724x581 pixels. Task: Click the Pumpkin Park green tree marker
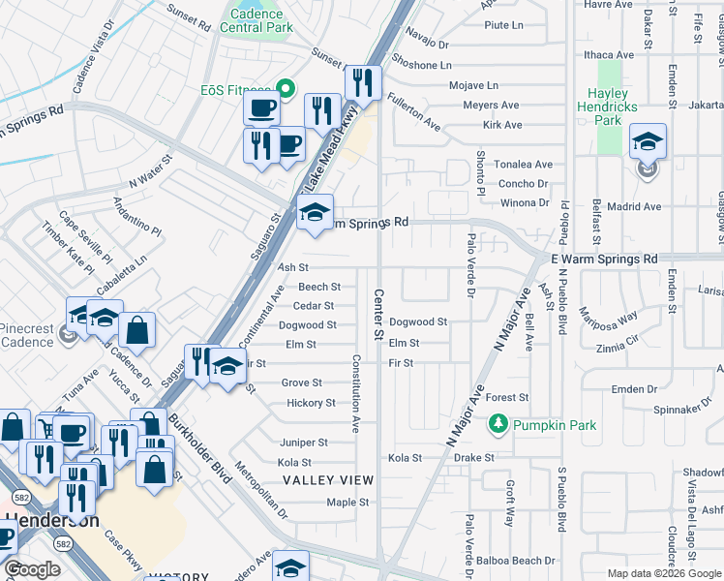click(498, 424)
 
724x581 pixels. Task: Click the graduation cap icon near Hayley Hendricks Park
click(648, 141)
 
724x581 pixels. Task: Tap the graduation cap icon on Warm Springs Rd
click(315, 212)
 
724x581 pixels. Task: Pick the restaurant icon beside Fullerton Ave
click(363, 83)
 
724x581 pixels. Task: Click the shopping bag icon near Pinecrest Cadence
click(138, 329)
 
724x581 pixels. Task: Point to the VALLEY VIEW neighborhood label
click(327, 480)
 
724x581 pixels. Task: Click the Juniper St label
click(303, 443)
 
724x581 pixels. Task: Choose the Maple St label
click(347, 503)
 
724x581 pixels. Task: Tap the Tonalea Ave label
click(524, 165)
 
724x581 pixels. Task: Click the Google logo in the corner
click(33, 569)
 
